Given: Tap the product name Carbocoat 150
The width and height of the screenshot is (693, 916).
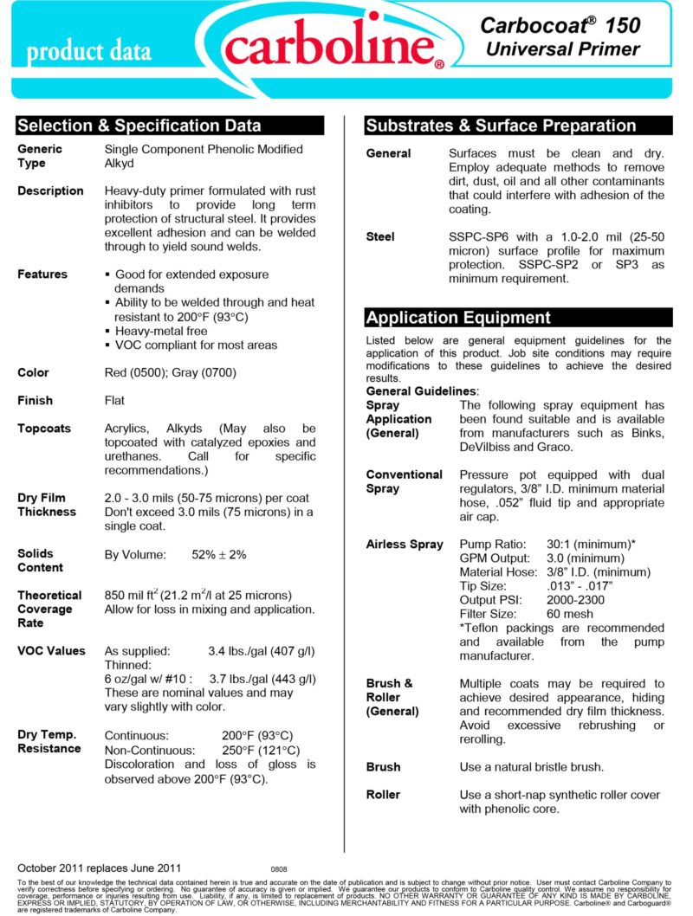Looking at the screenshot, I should click(561, 27).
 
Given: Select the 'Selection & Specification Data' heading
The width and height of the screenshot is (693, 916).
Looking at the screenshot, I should click(139, 126).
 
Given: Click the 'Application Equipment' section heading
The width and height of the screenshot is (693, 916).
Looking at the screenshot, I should click(458, 317).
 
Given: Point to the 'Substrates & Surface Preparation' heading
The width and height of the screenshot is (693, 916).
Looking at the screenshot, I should click(501, 126).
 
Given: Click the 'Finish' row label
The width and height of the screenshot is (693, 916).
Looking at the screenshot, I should click(36, 401).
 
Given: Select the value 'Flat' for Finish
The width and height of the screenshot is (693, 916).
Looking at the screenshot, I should click(115, 401).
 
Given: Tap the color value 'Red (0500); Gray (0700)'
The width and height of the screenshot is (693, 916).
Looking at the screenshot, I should click(170, 373).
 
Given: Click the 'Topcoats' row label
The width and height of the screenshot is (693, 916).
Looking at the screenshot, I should click(44, 429).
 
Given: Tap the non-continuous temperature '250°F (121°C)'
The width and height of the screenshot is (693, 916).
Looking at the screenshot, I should click(260, 750).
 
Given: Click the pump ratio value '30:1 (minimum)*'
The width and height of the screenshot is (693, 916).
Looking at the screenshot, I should click(591, 545).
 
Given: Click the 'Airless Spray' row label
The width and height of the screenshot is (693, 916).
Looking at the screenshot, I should click(405, 545).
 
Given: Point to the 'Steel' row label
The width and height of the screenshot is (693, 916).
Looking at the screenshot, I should click(380, 237).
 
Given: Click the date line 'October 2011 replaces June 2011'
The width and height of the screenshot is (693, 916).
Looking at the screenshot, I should click(99, 867).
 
